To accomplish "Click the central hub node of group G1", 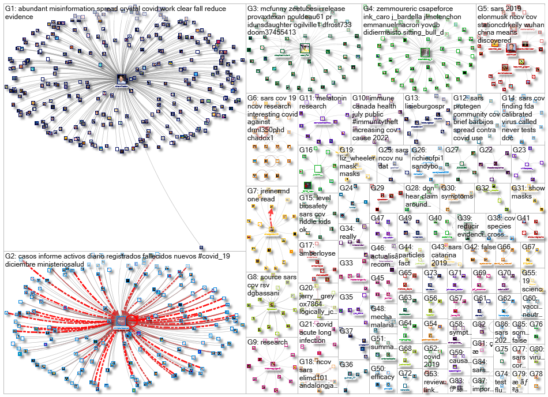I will click(x=122, y=79).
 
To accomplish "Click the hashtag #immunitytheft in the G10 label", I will click(x=375, y=114).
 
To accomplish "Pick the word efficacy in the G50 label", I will click(x=382, y=377).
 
